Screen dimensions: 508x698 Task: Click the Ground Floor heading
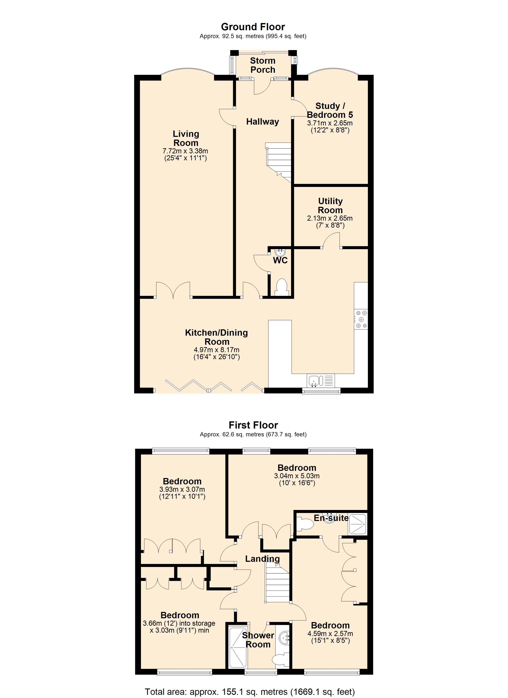pyautogui.click(x=253, y=27)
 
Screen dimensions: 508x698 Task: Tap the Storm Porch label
pyautogui.click(x=262, y=65)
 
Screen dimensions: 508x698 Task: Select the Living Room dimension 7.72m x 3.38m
pyautogui.click(x=185, y=151)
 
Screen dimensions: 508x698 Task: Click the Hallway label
pyautogui.click(x=262, y=122)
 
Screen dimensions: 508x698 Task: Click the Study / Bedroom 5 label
pyautogui.click(x=330, y=110)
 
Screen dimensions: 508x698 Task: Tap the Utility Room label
pyautogui.click(x=330, y=206)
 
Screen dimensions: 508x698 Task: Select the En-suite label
pyautogui.click(x=331, y=518)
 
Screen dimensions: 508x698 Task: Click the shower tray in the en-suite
pyautogui.click(x=357, y=524)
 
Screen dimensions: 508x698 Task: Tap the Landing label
pyautogui.click(x=262, y=559)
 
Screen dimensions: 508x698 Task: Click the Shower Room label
pyautogui.click(x=258, y=640)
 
